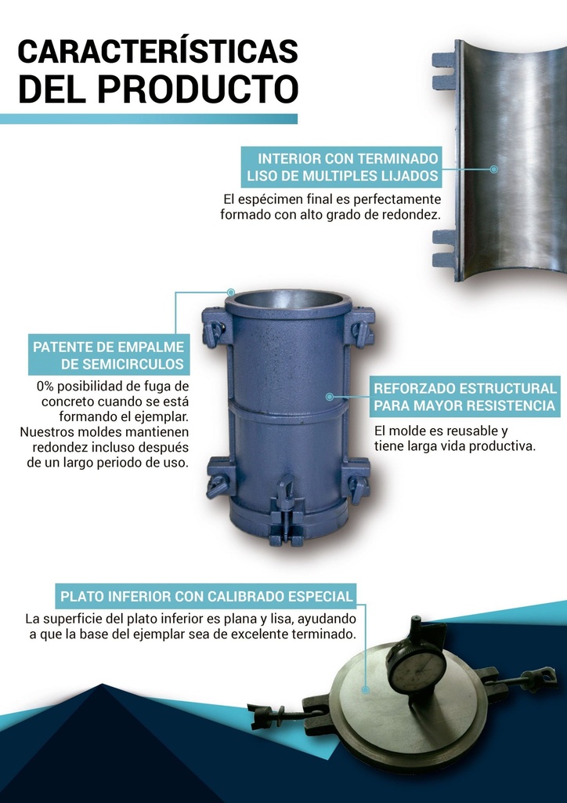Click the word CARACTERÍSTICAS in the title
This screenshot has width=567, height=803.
pyautogui.click(x=158, y=51)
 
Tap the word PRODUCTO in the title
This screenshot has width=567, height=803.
pyautogui.click(x=198, y=88)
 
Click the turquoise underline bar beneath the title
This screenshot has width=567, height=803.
pyautogui.click(x=148, y=119)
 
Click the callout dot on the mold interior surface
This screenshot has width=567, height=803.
pyautogui.click(x=493, y=169)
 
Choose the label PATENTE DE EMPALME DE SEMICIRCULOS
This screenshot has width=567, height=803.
pyautogui.click(x=108, y=355)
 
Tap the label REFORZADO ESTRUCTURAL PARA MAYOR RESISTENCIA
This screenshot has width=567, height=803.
pyautogui.click(x=464, y=396)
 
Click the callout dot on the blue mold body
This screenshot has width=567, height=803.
pyautogui.click(x=329, y=396)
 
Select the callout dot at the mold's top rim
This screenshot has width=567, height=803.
pyautogui.click(x=230, y=292)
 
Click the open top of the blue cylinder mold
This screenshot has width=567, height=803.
pyautogui.click(x=288, y=300)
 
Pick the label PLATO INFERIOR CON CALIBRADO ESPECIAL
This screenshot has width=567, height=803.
pyautogui.click(x=207, y=596)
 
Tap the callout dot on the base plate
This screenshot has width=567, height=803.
pyautogui.click(x=365, y=690)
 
